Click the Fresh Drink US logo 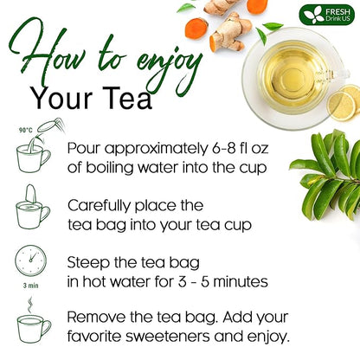[327, 15]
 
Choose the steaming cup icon [33, 323]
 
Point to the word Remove [97, 316]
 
